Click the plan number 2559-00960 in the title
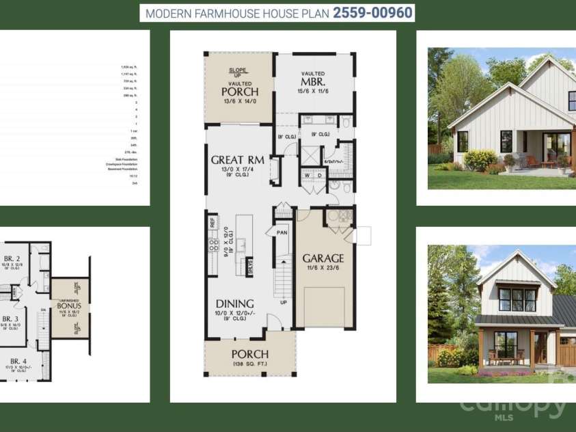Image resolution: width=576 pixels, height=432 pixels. pos(373,13)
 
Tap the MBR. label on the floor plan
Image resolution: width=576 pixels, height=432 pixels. pos(314,83)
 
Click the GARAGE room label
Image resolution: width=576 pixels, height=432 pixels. pos(323,258)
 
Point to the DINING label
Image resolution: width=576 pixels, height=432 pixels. pos(234,303)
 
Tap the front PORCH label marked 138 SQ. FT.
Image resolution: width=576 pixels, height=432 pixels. pos(249,354)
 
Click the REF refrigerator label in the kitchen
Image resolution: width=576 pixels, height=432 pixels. pos(212,222)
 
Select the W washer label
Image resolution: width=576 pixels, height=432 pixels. pos(307,175)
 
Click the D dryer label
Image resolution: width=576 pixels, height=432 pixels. pos(320,175)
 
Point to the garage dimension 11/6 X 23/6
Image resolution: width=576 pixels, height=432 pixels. pos(323,269)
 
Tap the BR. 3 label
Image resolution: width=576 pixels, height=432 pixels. pos(10,319)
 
